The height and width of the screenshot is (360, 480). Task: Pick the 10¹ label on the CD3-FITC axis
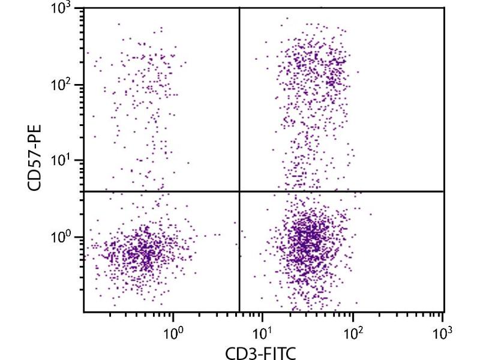(263, 329)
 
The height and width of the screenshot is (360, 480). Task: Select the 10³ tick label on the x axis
(443, 329)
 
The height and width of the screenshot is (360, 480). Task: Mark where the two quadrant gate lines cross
(239, 191)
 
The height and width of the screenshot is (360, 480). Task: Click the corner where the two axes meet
(83, 311)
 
